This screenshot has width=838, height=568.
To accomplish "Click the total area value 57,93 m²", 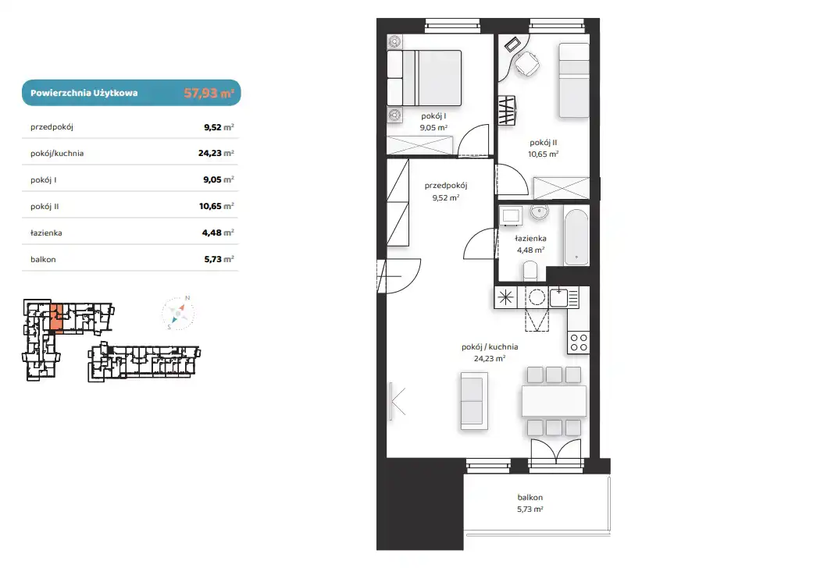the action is pos(209,93).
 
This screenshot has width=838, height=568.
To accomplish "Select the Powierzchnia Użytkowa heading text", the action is pos(84,93).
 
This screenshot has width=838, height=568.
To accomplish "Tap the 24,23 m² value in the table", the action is pos(216,153).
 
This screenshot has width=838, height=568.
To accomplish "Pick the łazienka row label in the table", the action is pos(46,233).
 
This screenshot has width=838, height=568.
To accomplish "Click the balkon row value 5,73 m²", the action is pos(219,259).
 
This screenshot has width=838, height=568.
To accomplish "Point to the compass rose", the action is pos(178,314).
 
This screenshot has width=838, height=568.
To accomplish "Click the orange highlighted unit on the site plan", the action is pos(57,318).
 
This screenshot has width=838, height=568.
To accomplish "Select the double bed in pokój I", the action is pos(424,78).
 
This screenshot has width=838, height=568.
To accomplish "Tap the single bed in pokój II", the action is pos(574,80).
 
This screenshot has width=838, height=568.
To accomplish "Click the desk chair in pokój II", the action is pos(527,63).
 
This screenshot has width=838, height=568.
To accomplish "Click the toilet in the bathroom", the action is pos(530,271).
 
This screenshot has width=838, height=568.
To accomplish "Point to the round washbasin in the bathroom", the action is pos(539,212).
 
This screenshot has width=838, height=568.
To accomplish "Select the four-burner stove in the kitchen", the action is pos(578,343).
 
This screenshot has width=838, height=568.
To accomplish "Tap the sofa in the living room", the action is pos(474,402).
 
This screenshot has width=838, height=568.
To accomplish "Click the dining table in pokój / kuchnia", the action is pos(555,401).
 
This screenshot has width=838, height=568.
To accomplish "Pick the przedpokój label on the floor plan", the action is pos(446,186).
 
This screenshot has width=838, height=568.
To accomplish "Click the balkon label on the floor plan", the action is pos(530,498).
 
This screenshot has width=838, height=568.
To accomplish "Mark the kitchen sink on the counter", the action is pos(558,297).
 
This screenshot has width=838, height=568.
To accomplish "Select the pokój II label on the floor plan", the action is pos(543,143).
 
